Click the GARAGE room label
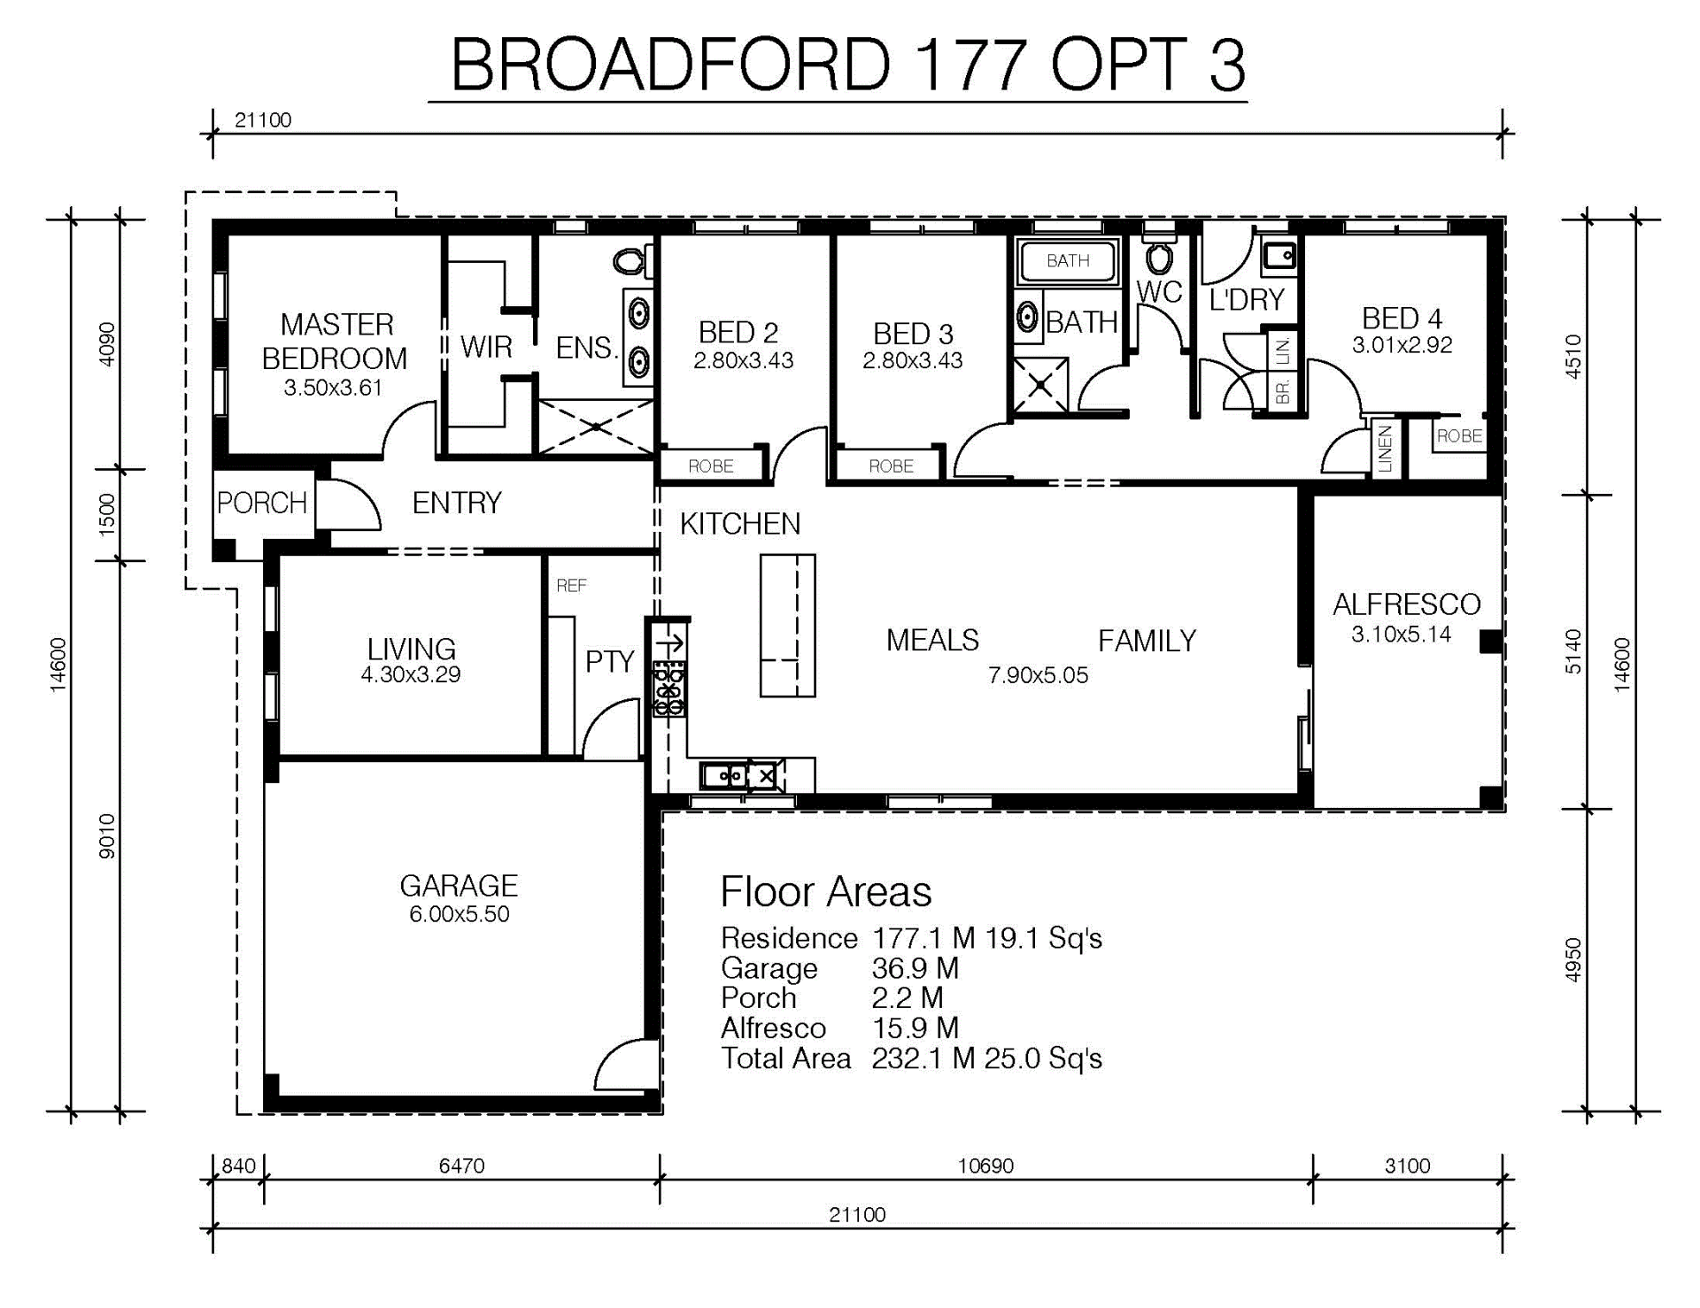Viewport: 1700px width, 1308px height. click(x=459, y=886)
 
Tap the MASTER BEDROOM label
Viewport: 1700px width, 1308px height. click(x=336, y=342)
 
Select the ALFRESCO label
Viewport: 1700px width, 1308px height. click(x=1406, y=604)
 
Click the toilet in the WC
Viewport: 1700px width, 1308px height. click(x=1158, y=255)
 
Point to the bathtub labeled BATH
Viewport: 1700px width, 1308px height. click(x=1068, y=260)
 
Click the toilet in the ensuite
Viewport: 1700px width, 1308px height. click(x=631, y=260)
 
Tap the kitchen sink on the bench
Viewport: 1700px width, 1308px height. click(x=724, y=776)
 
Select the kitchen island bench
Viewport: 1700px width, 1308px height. click(x=787, y=625)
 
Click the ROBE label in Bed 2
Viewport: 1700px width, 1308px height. click(x=711, y=465)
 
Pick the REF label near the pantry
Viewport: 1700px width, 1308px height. click(x=571, y=586)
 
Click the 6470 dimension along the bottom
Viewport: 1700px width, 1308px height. click(x=461, y=1166)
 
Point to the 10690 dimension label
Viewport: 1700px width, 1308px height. click(x=985, y=1166)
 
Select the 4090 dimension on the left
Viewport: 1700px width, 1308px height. click(x=106, y=344)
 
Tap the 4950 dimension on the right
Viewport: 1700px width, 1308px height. click(x=1572, y=960)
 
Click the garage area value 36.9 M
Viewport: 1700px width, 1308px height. click(x=915, y=968)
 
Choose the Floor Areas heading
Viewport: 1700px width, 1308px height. click(x=825, y=892)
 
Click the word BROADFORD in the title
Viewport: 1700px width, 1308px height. click(x=670, y=65)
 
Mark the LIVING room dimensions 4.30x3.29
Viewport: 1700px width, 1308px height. click(x=411, y=674)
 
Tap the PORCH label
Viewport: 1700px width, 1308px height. click(x=262, y=503)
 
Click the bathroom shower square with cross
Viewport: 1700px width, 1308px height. click(x=1040, y=385)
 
